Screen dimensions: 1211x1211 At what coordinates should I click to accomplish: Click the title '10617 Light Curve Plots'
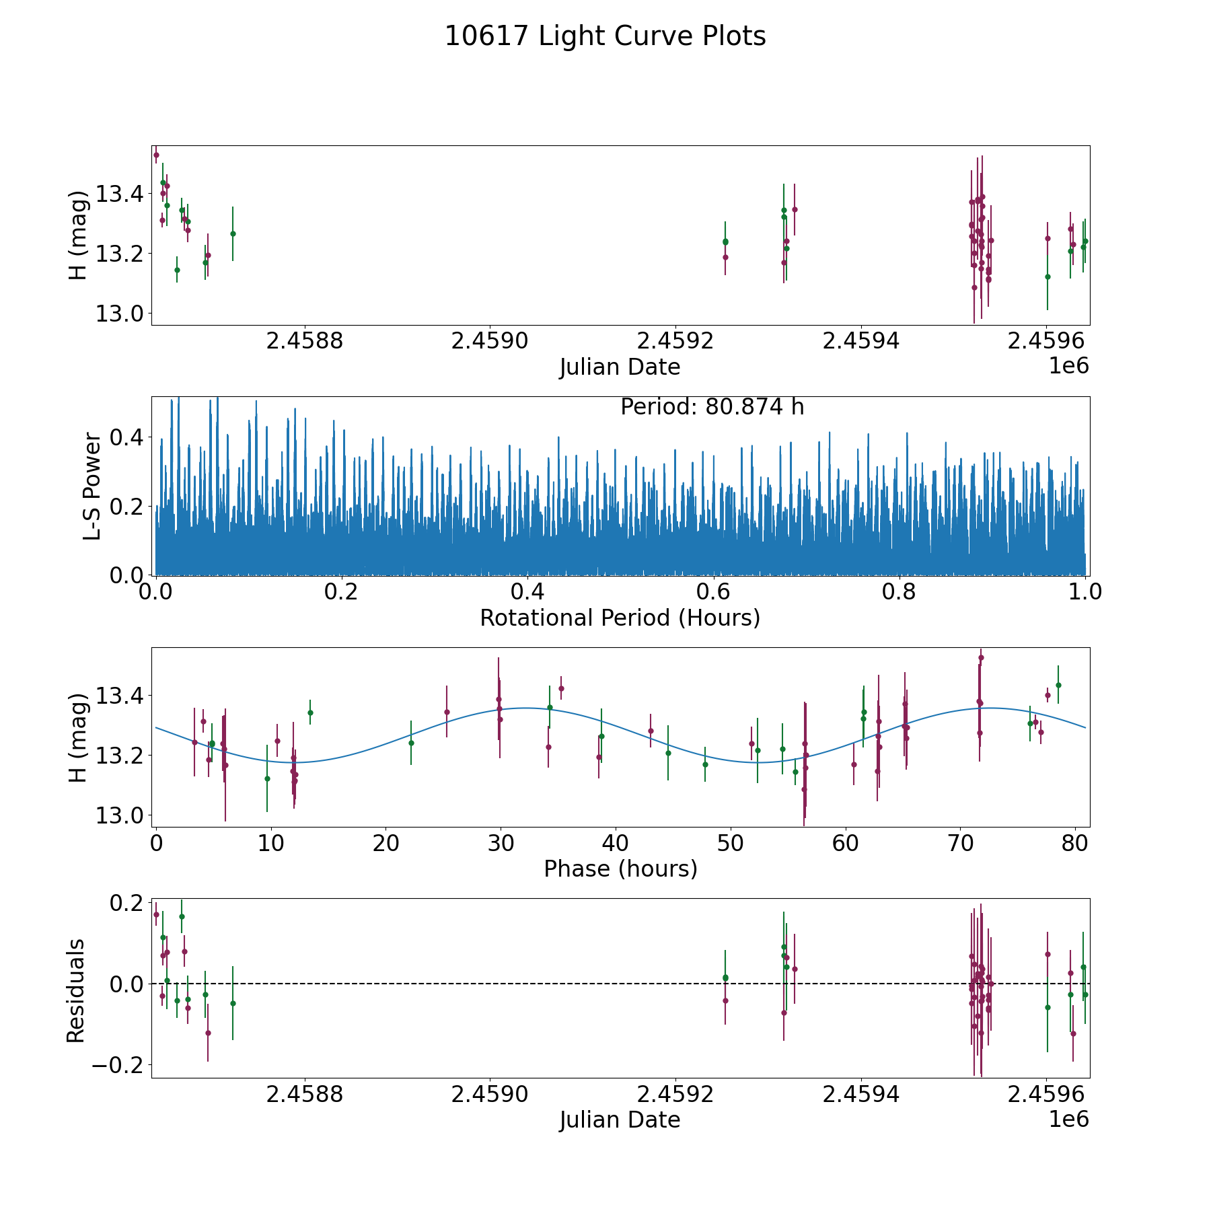[605, 36]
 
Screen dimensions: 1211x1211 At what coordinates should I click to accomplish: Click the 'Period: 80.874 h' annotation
[712, 407]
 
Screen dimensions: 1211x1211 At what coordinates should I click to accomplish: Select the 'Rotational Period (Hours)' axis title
[620, 618]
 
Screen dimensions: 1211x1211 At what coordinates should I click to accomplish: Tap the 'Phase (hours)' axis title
[620, 869]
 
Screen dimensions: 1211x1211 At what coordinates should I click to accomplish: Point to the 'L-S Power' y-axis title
[92, 486]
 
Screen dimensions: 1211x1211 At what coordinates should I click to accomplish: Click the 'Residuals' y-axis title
[75, 990]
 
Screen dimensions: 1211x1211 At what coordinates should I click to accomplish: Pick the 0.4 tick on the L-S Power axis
[127, 437]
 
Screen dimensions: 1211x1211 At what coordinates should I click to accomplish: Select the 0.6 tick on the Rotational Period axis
[713, 592]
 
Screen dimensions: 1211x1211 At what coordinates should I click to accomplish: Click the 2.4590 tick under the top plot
[490, 341]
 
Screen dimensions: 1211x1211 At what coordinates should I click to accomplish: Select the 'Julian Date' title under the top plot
[620, 367]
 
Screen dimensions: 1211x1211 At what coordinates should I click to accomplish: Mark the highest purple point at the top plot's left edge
[156, 155]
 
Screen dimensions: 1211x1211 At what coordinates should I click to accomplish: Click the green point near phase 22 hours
[411, 743]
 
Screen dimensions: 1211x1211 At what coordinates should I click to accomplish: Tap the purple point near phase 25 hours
[447, 712]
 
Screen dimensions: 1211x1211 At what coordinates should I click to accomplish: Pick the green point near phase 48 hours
[705, 764]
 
